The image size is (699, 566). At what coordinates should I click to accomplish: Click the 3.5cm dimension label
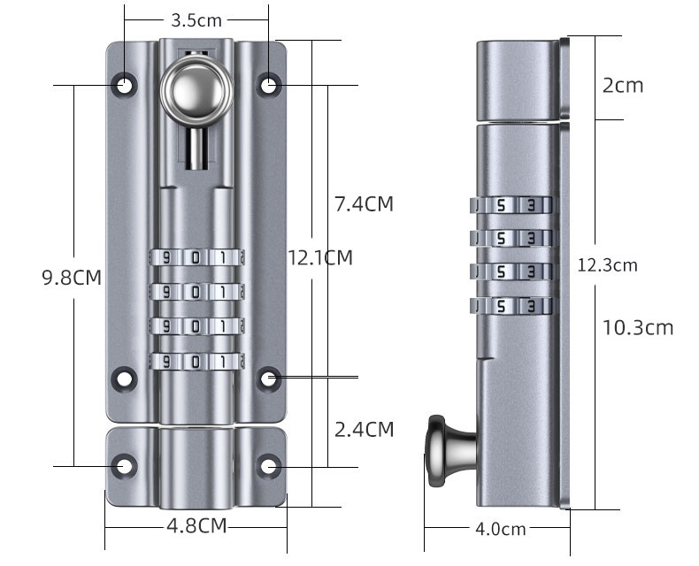pyautogui.click(x=196, y=20)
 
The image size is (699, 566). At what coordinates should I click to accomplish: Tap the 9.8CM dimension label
pyautogui.click(x=72, y=277)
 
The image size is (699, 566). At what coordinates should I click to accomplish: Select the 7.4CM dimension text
pyautogui.click(x=365, y=204)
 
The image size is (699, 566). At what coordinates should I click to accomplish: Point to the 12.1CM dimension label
pyautogui.click(x=320, y=257)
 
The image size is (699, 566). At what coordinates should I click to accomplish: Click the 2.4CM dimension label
pyautogui.click(x=365, y=430)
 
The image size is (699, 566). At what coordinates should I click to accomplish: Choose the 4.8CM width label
pyautogui.click(x=196, y=526)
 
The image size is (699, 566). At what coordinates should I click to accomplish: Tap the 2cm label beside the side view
pyautogui.click(x=623, y=85)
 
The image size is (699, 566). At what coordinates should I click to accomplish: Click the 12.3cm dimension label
pyautogui.click(x=607, y=265)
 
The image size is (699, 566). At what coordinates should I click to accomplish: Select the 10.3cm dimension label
pyautogui.click(x=637, y=327)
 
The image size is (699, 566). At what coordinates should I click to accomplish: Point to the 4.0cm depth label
pyautogui.click(x=501, y=529)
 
